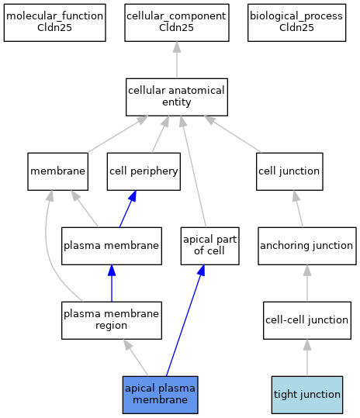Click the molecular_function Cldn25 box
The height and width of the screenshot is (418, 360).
pos(54,22)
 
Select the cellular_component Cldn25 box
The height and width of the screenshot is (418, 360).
pos(177,22)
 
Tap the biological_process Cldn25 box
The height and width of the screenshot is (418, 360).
pos(296,22)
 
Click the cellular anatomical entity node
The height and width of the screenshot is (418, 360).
pos(177,97)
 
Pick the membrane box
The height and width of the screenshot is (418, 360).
pos(58,171)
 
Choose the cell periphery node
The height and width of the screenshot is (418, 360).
pos(144,171)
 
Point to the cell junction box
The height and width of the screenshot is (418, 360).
pos(289,171)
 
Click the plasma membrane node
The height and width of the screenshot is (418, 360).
pos(112,246)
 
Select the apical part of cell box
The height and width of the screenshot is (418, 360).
pos(209,246)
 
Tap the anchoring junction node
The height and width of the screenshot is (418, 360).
pos(307,246)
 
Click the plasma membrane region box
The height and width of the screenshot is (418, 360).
pos(112,320)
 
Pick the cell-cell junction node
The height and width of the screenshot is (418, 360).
pos(307,320)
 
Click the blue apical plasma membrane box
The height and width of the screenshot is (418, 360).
pos(161,395)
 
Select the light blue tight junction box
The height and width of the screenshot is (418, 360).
pos(307,395)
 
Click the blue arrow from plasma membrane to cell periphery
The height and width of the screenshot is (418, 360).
pos(128,209)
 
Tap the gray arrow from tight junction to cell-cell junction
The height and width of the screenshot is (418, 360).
pos(307,358)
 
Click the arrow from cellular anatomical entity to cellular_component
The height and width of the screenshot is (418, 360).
pos(177,60)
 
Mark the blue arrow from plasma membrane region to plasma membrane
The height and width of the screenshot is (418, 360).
pos(112,283)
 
